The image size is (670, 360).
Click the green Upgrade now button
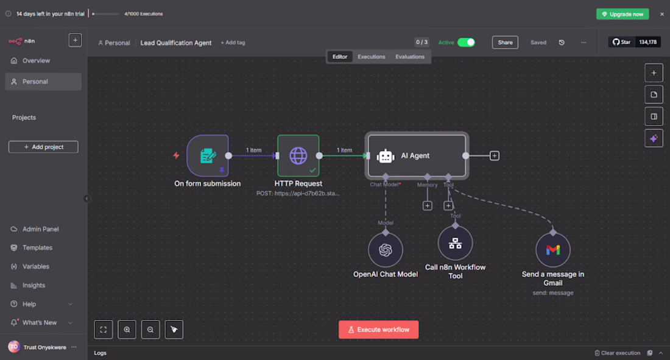tap(622, 14)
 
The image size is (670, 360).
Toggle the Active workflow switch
tap(466, 43)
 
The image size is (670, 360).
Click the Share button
tap(505, 43)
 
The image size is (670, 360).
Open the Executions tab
tap(371, 57)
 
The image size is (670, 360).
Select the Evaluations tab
tap(409, 57)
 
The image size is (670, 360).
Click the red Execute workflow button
tap(378, 330)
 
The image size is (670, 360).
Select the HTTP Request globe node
tap(298, 156)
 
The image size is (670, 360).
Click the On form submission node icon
tap(208, 156)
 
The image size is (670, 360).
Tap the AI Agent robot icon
tap(386, 156)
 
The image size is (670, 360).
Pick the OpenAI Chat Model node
tap(385, 250)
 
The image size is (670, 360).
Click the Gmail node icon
tap(552, 250)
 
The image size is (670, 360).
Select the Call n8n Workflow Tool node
tap(455, 244)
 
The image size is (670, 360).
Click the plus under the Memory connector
tap(428, 206)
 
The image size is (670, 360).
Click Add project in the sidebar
tap(43, 147)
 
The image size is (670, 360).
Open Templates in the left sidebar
tap(37, 248)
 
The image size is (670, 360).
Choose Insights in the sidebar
tap(33, 285)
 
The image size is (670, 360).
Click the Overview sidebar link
tap(36, 61)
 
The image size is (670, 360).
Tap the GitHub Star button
tap(621, 42)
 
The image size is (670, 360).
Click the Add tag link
tap(233, 43)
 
